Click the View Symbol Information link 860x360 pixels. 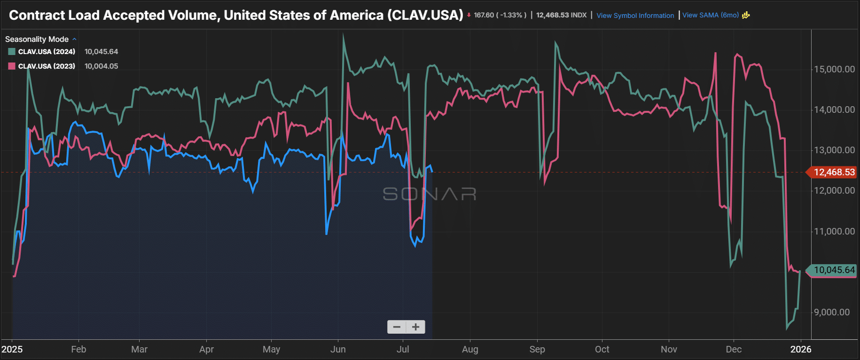(635, 16)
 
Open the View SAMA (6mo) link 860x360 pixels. (710, 15)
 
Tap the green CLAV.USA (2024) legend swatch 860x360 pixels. (12, 52)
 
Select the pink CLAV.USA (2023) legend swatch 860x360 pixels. (12, 66)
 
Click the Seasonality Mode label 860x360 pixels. (37, 39)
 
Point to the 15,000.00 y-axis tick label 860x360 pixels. (834, 69)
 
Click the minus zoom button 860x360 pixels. (397, 327)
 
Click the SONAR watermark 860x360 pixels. (430, 194)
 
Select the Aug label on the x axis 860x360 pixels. (470, 349)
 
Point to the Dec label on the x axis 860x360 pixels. (734, 349)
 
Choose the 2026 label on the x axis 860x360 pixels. (801, 349)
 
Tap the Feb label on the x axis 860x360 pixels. (78, 349)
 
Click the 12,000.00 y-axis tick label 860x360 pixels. (834, 190)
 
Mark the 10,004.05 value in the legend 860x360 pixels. (101, 66)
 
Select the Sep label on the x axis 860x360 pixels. (537, 349)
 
